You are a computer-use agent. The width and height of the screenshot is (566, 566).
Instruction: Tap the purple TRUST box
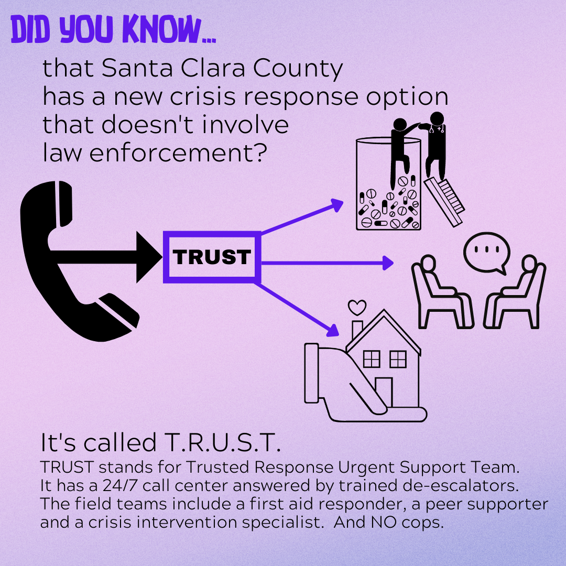pos(212,257)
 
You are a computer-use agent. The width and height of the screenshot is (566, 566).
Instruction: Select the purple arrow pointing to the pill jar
pos(301,217)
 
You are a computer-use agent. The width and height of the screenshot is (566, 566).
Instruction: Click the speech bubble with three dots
pos(485,252)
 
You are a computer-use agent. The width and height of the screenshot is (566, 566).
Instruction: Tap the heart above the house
pos(357,307)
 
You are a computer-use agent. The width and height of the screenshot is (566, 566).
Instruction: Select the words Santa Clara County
pos(222,69)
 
